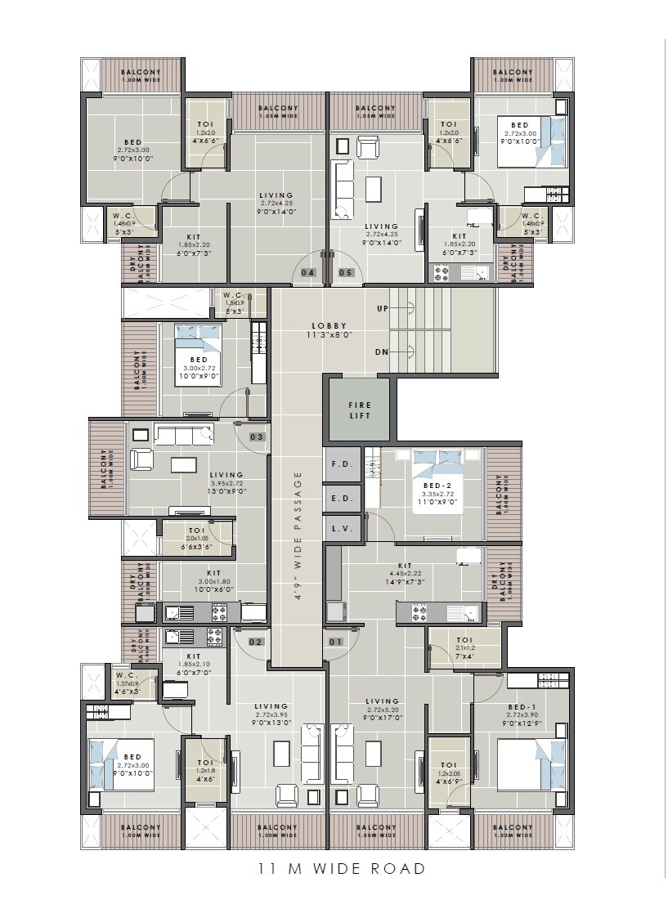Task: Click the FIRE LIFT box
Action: pos(360,410)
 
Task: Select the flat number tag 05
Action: pos(346,272)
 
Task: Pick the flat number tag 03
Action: pos(257,437)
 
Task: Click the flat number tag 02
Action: pos(255,642)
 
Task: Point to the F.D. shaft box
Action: pos(341,464)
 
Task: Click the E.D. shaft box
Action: pos(341,497)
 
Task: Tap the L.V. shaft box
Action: pos(341,529)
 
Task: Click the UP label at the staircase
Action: pos(383,309)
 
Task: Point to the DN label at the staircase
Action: pos(383,351)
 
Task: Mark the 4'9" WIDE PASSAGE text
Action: pos(298,535)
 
